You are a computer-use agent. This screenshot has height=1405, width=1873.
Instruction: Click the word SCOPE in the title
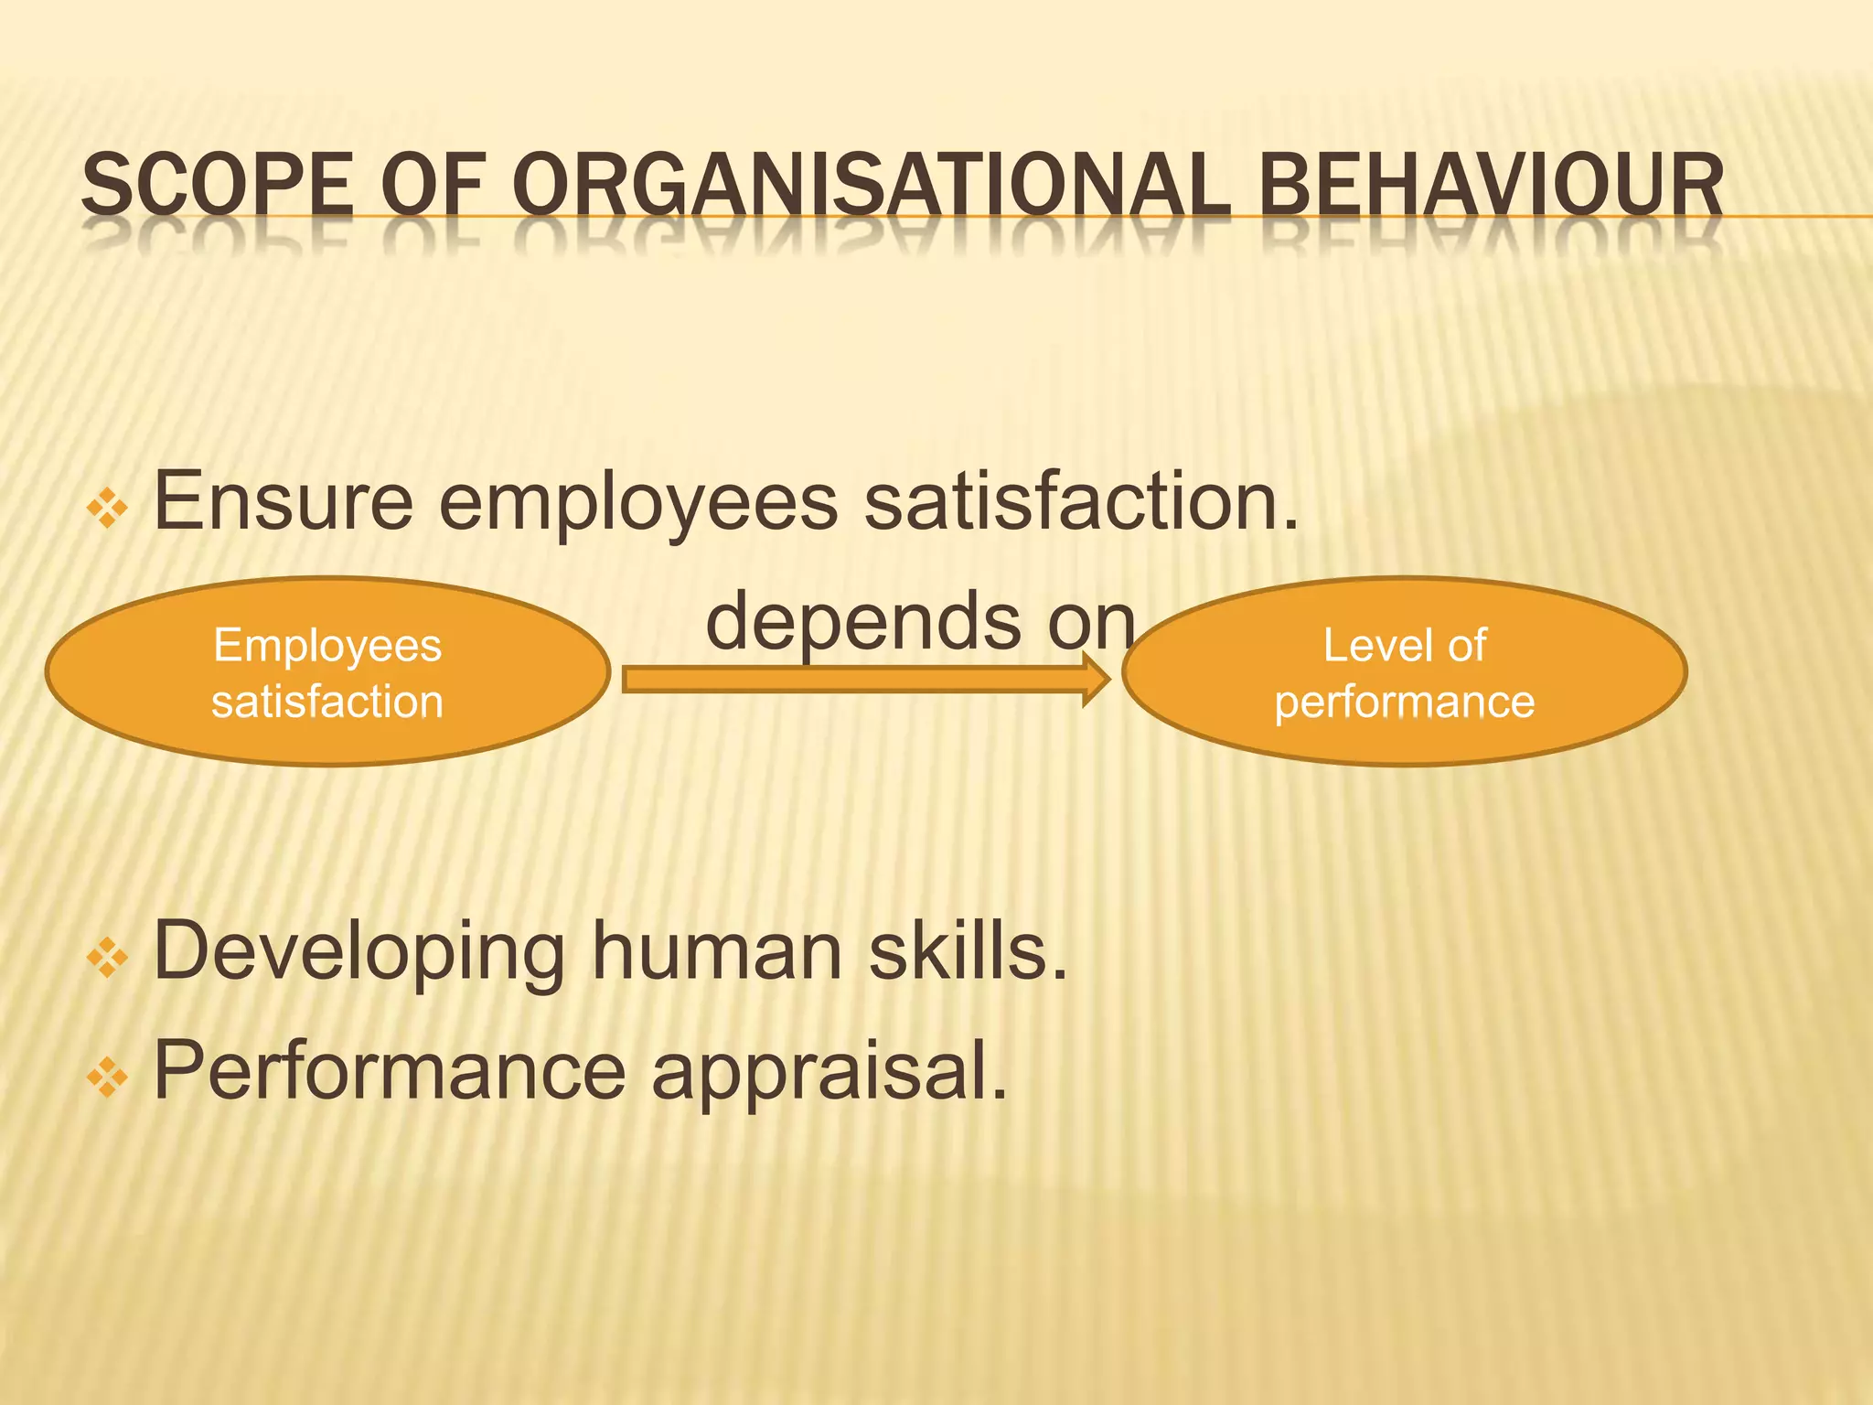pos(217,186)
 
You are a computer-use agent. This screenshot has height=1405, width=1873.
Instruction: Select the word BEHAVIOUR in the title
pos(1491,186)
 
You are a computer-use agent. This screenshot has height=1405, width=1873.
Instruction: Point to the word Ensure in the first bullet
pos(284,501)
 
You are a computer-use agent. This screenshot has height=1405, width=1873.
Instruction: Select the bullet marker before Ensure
pos(107,508)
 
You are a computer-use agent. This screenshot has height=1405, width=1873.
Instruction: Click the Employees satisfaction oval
pos(327,672)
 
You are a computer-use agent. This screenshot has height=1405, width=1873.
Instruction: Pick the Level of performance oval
pos(1404,672)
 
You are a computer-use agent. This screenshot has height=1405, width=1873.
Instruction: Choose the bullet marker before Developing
pos(107,958)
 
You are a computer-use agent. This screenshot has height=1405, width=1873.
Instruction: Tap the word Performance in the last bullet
pos(389,1070)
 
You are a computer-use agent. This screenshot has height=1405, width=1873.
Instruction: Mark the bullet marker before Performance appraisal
pos(107,1077)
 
